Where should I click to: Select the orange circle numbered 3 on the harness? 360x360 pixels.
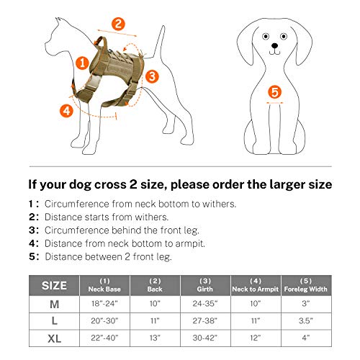point(152,75)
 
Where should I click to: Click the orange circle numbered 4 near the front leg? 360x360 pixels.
point(66,110)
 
